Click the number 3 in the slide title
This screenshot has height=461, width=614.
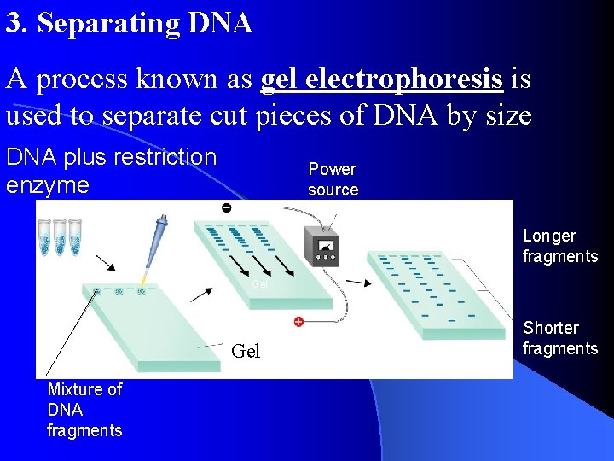13,24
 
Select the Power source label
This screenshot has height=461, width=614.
333,179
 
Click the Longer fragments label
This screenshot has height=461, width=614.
560,246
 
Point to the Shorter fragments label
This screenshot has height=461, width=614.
560,338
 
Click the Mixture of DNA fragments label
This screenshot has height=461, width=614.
84,410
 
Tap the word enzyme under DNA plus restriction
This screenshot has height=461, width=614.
47,185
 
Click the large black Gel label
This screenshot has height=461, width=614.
246,352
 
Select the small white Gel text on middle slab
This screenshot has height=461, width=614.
260,283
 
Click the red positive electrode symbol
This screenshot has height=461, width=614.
298,322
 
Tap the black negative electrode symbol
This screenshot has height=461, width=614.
226,208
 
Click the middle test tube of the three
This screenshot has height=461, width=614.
60,236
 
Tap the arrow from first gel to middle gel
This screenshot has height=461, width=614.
202,292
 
